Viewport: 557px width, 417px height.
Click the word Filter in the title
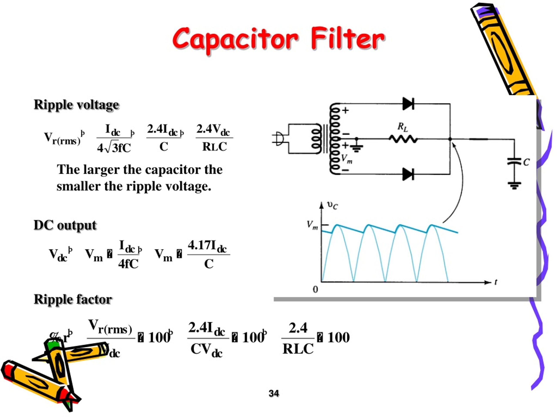tap(347, 38)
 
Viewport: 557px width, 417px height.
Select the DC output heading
tap(65, 225)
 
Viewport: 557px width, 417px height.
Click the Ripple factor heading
tap(73, 299)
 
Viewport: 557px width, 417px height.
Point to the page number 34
tap(274, 393)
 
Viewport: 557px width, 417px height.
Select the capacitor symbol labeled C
tap(514, 161)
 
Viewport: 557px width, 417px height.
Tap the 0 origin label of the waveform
tap(315, 289)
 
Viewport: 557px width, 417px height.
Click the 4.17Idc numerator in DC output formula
tap(207, 246)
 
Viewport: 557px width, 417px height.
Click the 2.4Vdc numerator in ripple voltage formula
tap(213, 130)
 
